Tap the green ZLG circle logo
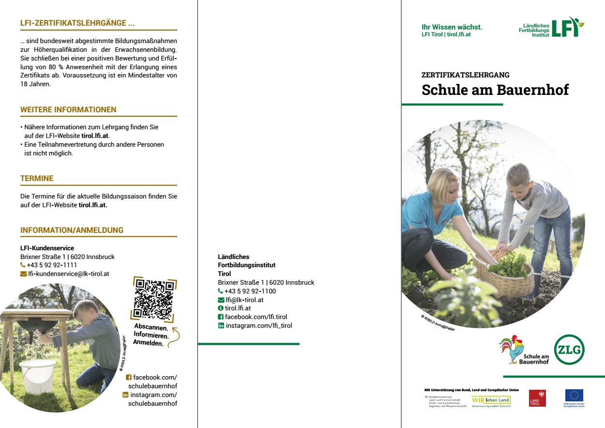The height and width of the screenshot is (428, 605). [x=569, y=350]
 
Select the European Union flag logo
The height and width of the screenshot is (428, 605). [x=574, y=396]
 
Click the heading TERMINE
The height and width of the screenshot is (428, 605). [x=37, y=179]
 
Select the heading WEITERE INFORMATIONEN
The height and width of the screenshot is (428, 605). [x=68, y=110]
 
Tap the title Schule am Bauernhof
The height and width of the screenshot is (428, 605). [x=495, y=90]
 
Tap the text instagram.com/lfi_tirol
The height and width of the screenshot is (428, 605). [x=258, y=326]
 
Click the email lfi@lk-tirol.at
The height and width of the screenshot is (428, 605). [x=244, y=300]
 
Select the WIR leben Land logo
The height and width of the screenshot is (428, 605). [x=491, y=400]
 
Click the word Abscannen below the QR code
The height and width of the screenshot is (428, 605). [x=148, y=328]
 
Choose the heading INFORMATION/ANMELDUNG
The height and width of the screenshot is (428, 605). [x=72, y=230]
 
